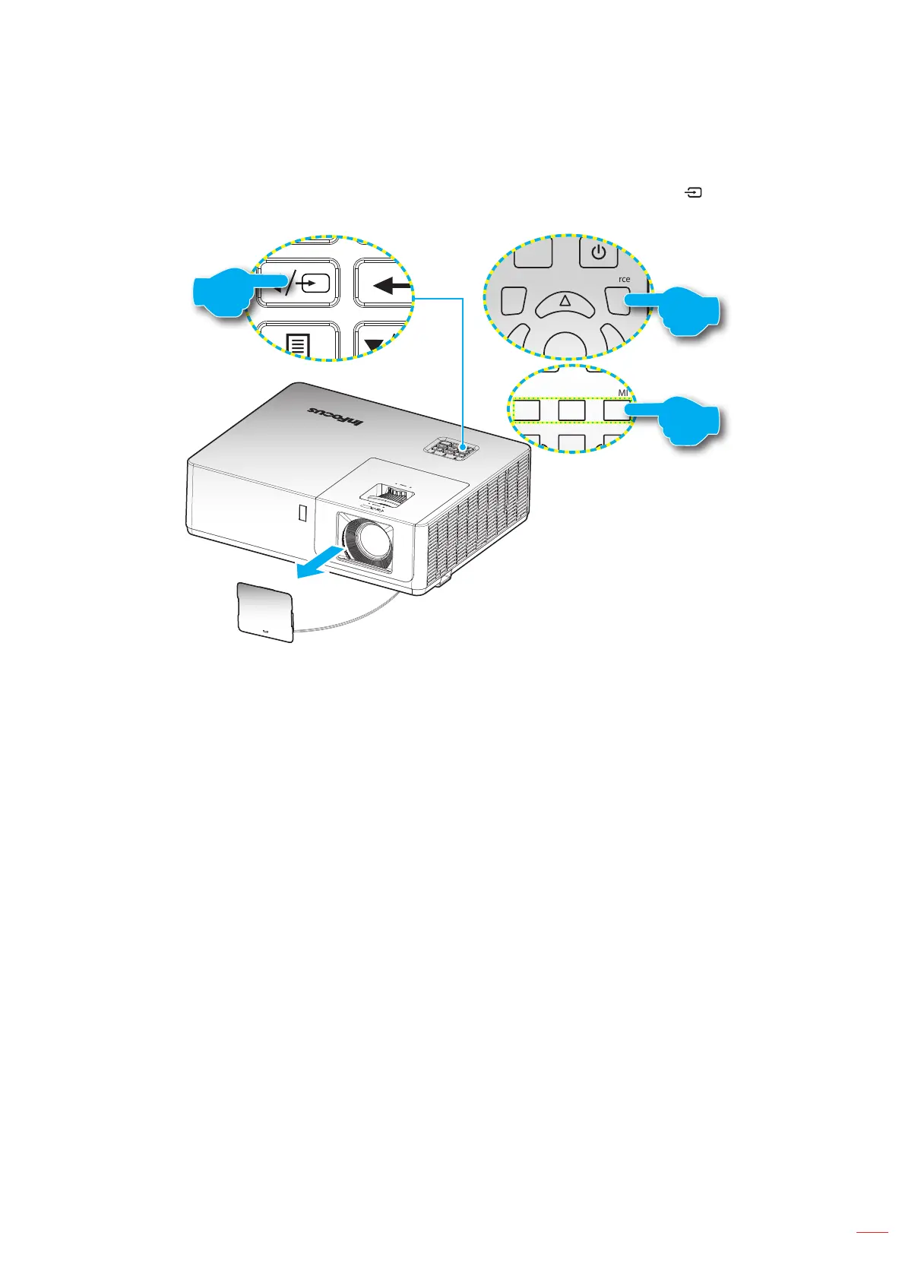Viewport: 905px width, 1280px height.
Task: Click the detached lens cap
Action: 265,613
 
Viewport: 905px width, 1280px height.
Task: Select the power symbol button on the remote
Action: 599,252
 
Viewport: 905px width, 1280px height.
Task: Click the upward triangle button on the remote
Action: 565,302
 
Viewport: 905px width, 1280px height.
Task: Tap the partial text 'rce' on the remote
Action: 624,279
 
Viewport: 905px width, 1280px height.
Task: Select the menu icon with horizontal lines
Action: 298,345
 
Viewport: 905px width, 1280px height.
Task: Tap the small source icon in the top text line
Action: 694,193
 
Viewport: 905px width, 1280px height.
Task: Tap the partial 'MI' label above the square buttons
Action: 623,393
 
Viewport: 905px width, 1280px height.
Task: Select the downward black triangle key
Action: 374,346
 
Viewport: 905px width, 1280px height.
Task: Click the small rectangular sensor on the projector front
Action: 302,514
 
